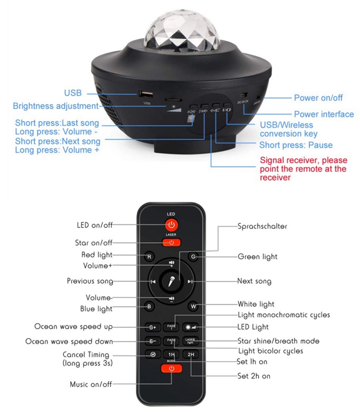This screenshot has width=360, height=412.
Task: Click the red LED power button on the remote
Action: (171, 224)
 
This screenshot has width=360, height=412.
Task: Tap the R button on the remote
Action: (150, 257)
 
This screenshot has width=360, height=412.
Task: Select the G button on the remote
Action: (193, 257)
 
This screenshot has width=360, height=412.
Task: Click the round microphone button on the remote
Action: (171, 282)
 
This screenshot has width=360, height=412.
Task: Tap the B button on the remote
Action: (149, 306)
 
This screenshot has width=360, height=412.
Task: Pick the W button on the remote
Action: (193, 306)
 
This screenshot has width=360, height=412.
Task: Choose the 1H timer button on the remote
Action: (171, 355)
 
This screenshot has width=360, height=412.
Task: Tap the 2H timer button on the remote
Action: (191, 355)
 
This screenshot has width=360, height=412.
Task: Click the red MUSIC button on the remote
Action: (171, 368)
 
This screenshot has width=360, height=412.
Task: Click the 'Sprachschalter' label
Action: (262, 226)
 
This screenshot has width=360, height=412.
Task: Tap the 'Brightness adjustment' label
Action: (55, 106)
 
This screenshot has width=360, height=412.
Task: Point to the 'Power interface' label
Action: (324, 114)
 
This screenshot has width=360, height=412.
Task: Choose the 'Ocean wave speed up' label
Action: (73, 327)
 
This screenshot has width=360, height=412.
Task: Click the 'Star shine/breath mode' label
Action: (278, 341)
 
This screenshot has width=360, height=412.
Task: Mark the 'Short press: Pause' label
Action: (296, 145)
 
